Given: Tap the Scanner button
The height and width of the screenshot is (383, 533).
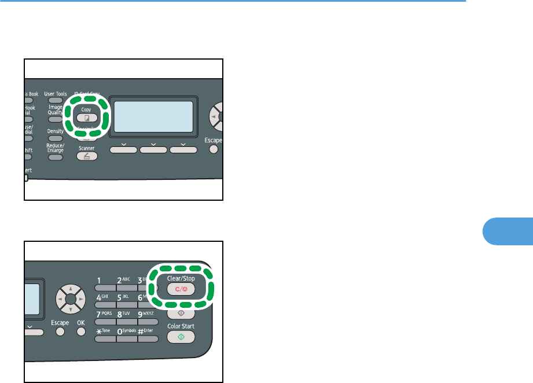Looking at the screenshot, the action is pyautogui.click(x=85, y=156).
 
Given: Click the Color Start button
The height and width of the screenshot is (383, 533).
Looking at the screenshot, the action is pyautogui.click(x=181, y=337).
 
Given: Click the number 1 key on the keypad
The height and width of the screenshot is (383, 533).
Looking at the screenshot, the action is pyautogui.click(x=104, y=288).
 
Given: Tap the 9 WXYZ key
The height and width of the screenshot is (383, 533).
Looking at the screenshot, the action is pyautogui.click(x=148, y=321).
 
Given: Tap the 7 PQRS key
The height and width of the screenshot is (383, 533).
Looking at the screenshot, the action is pyautogui.click(x=104, y=321).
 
